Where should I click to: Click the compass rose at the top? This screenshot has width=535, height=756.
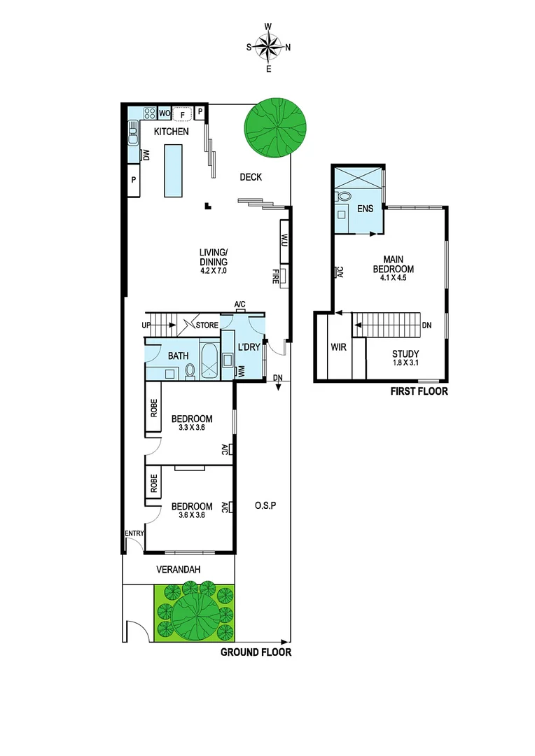[268, 48]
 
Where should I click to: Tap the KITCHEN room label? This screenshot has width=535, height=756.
[172, 131]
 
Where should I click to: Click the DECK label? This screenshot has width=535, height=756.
[251, 177]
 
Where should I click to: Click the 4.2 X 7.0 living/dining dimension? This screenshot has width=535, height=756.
[214, 270]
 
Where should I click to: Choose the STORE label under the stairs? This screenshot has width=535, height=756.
[207, 325]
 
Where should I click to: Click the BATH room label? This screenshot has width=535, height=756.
[178, 356]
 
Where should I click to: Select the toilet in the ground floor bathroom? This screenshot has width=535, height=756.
[190, 370]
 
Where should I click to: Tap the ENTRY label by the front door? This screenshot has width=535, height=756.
[134, 533]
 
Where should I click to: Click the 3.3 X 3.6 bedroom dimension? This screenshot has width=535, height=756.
[192, 428]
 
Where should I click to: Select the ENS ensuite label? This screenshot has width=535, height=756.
[365, 209]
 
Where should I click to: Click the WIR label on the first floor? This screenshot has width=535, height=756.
[339, 346]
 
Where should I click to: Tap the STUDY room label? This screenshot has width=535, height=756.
[405, 353]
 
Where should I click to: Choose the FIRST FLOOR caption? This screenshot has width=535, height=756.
[419, 392]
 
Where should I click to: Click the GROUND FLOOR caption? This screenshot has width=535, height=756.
[256, 652]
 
